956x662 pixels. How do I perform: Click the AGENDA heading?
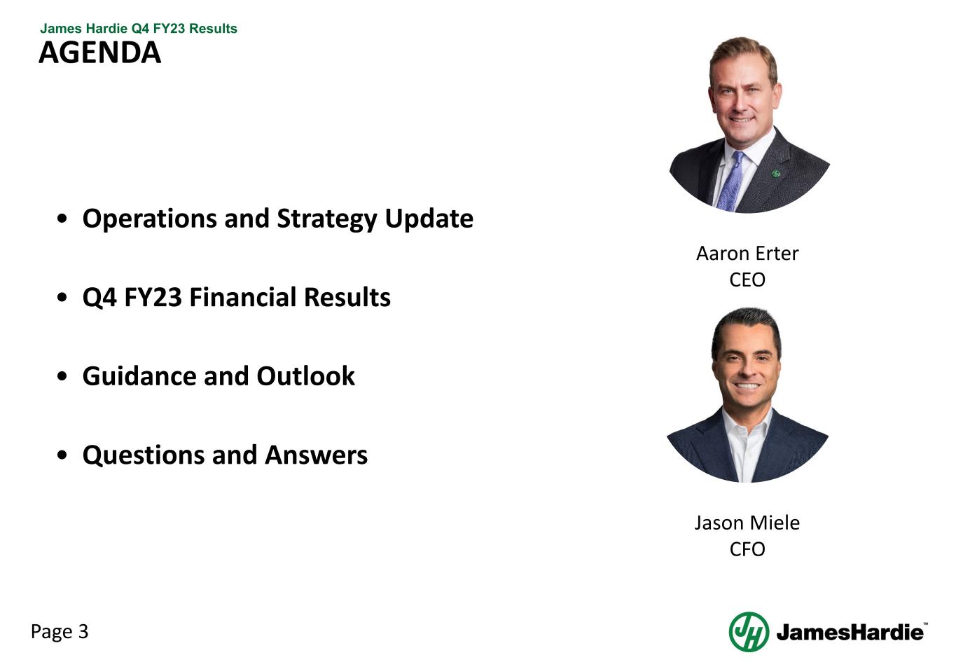point(99,53)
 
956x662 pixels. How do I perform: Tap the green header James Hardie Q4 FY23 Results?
point(139,29)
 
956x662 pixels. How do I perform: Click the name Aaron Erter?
point(747,254)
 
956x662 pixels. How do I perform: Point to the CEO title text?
point(747,280)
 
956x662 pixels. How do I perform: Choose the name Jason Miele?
point(747,523)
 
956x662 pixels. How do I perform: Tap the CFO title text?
point(747,550)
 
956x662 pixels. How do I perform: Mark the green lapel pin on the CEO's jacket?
point(776,173)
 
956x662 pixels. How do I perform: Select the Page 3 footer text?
point(60,632)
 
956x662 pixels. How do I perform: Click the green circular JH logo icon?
point(749,632)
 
